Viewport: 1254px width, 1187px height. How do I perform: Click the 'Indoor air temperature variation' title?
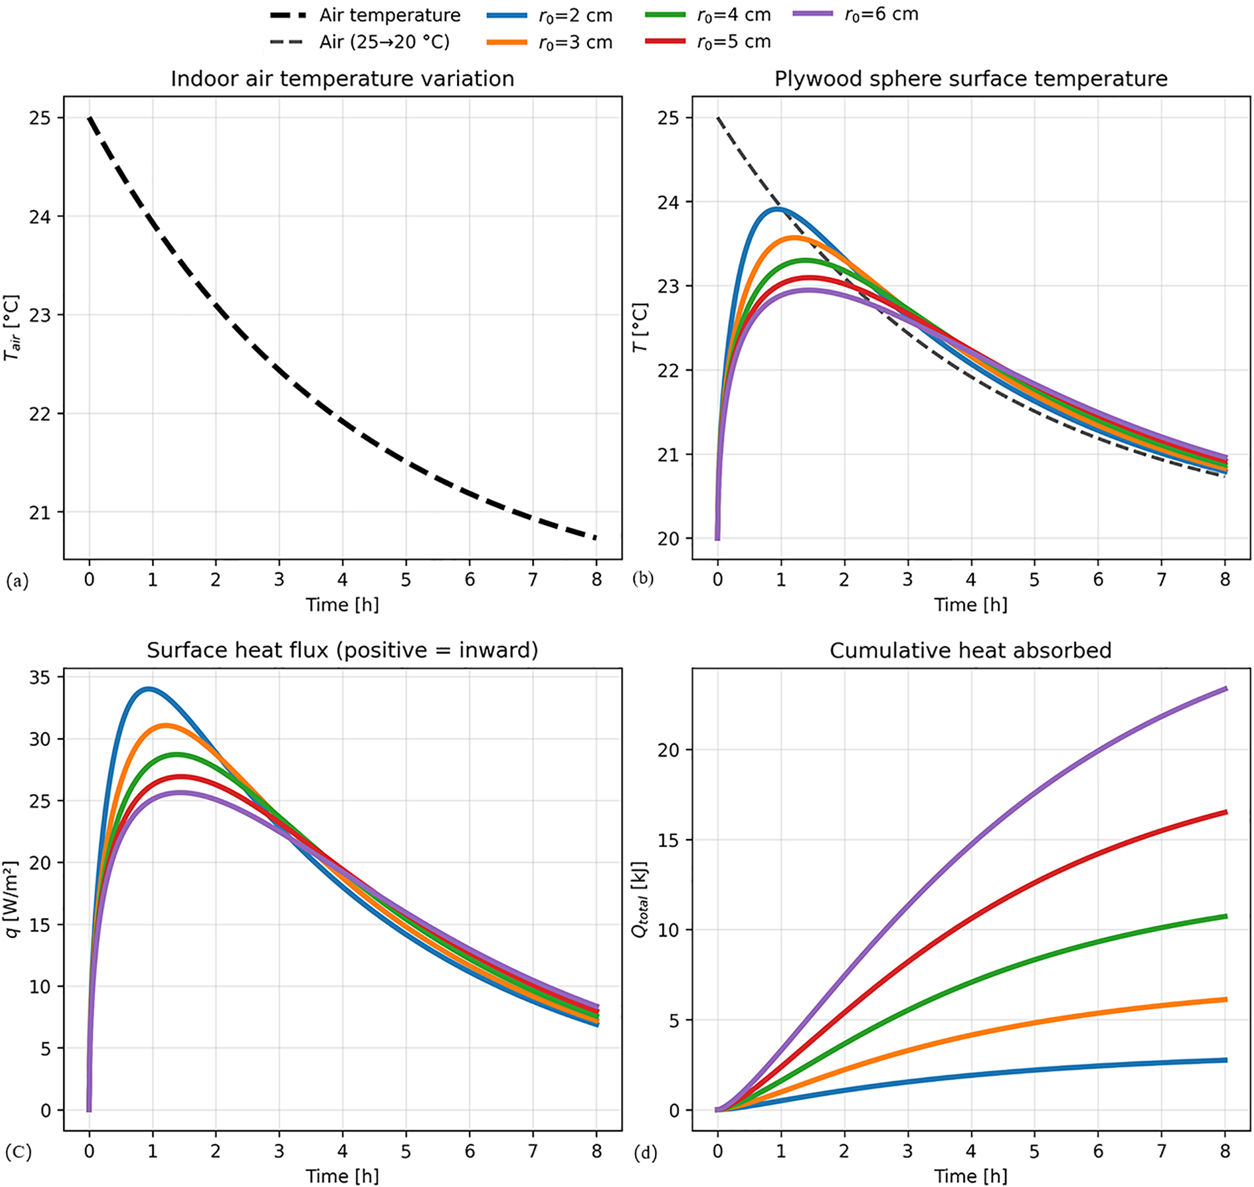pos(342,79)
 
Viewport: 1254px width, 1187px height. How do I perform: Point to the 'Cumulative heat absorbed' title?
pos(970,650)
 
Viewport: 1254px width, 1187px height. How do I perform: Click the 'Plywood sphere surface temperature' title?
pos(970,79)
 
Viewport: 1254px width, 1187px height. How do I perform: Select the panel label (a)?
pos(17,581)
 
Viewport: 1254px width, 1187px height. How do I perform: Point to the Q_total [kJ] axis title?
pos(641,899)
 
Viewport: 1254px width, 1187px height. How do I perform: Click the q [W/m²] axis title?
pos(12,899)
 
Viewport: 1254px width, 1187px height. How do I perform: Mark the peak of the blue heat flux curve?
pos(148,689)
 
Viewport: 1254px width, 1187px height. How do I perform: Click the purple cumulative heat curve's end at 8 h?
pos(1226,689)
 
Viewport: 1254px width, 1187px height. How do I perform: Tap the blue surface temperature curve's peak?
pos(777,208)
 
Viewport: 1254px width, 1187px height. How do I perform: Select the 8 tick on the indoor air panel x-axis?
pos(596,579)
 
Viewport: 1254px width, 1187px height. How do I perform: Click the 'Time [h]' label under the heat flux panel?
pos(342,1176)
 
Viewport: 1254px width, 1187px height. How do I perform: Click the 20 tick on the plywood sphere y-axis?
pos(668,539)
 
